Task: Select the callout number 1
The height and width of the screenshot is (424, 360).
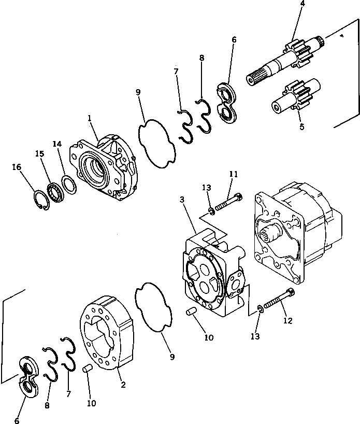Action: pos(90,119)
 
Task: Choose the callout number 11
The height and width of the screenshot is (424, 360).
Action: pos(234,175)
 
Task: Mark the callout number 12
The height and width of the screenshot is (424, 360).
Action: pos(288,321)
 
